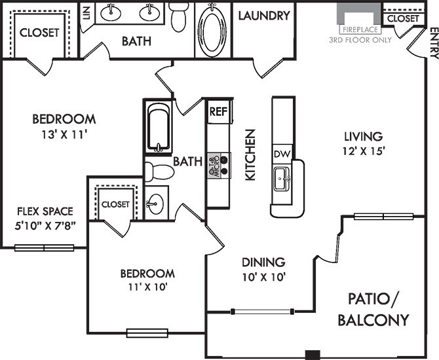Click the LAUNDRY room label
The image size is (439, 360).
(264, 16)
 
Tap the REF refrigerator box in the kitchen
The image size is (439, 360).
(218, 111)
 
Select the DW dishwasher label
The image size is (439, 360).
(282, 153)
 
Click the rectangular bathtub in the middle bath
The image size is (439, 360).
(159, 128)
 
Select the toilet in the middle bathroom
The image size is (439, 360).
(158, 172)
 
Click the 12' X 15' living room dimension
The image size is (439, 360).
(362, 151)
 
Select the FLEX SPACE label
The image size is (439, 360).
(45, 211)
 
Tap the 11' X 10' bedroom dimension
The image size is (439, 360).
(147, 287)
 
